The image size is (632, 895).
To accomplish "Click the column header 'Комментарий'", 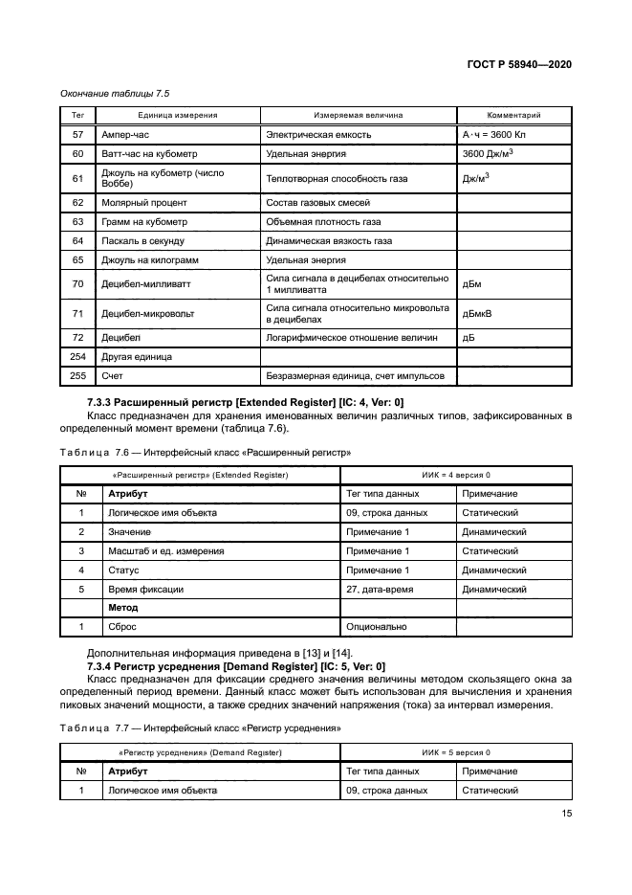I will click(x=514, y=115).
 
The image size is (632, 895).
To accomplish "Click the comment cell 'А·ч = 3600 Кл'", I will click(x=495, y=135).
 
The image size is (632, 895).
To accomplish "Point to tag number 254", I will click(x=78, y=356).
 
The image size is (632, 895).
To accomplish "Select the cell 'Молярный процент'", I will click(x=144, y=203).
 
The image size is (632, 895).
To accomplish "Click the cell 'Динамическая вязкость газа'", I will click(x=329, y=241).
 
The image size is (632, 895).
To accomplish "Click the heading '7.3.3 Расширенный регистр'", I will click(x=245, y=402).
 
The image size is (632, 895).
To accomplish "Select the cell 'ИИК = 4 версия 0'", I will click(x=455, y=475).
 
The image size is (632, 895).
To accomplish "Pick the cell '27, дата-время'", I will click(x=380, y=590).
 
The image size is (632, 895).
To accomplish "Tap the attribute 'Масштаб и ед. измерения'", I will click(x=166, y=551).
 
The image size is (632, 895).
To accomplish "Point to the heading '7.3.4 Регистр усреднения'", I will click(x=236, y=665).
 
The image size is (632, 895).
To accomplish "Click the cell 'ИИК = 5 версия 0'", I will click(x=455, y=752).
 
